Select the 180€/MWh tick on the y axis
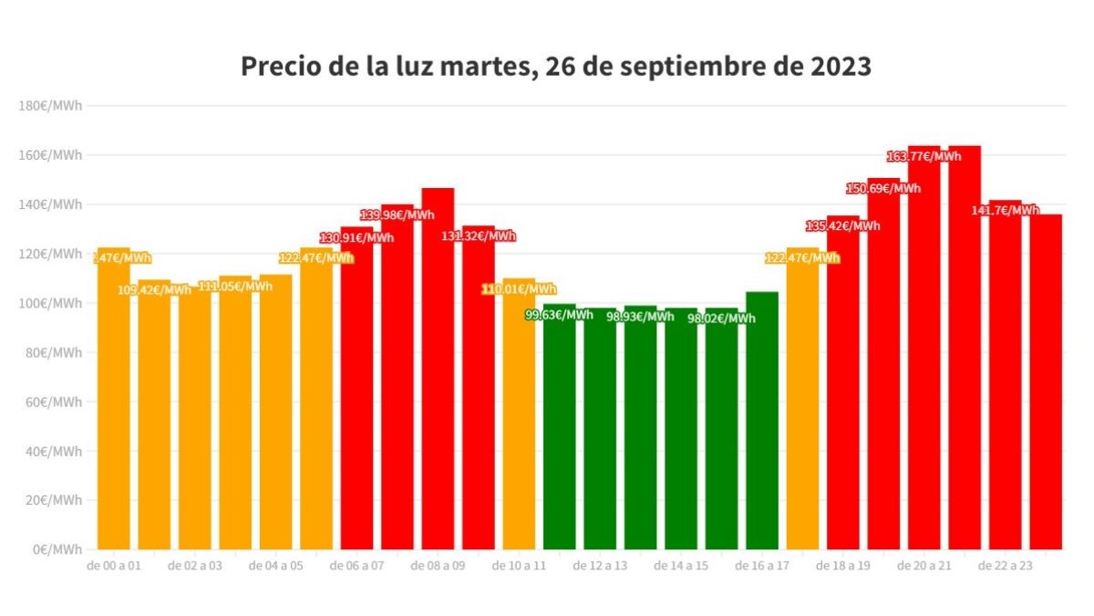(x=50, y=106)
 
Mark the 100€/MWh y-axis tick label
(x=50, y=303)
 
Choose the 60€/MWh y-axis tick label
(x=53, y=402)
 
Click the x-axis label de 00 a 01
(x=114, y=566)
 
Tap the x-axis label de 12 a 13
(x=600, y=566)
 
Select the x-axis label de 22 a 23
(x=1005, y=566)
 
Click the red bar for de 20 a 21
(x=924, y=365)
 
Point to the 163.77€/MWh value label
(x=924, y=156)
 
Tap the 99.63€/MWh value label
(x=559, y=315)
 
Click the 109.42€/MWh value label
(x=154, y=290)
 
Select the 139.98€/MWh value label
(x=397, y=215)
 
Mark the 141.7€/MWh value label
(x=1006, y=210)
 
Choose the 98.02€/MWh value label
(x=721, y=318)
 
